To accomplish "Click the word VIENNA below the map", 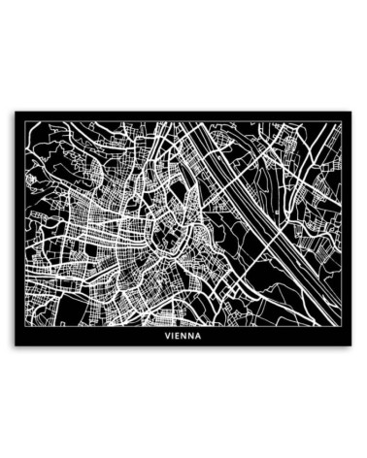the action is coord(183,337).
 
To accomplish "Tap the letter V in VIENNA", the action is coord(167,337).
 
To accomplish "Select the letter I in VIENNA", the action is coord(174,337).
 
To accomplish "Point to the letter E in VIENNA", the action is coord(180,337).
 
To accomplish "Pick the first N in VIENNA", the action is coord(186,337).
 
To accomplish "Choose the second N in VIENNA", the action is coord(193,337).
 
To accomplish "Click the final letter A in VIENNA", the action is coord(200,337).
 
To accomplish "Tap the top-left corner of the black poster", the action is coord(15,112).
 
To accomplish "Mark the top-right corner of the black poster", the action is coord(352,112).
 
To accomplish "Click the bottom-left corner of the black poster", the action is coord(15,346).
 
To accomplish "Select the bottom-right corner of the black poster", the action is coord(352,346).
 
